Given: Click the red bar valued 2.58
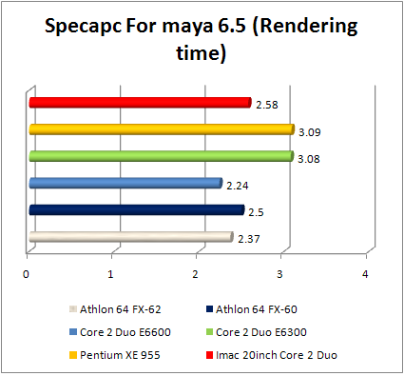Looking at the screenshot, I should point(140,102).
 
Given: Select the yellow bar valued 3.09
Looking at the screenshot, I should point(162,129).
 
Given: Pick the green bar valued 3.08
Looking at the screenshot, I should point(161,155).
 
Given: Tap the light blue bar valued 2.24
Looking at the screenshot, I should point(125,183).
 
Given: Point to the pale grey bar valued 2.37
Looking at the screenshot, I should point(130,236).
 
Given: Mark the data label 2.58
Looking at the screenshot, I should point(266,102).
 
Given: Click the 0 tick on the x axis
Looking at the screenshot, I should point(27,274).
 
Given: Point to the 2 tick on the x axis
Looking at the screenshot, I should point(197,274).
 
